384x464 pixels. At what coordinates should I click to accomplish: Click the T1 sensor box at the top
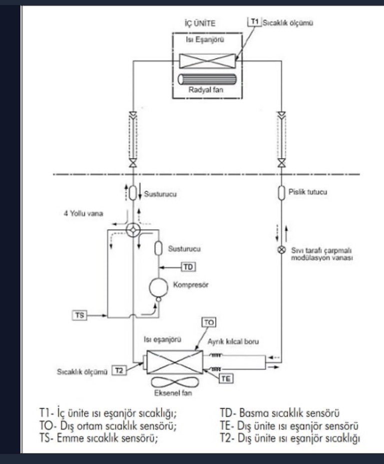click(255, 21)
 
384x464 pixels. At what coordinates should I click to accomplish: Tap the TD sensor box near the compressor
click(188, 267)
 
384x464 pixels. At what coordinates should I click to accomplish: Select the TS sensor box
click(79, 315)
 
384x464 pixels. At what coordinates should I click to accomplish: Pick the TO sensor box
click(209, 322)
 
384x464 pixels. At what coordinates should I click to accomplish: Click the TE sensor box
click(226, 379)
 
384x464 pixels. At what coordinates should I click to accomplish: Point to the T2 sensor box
click(119, 371)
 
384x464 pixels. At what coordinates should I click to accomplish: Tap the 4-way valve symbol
click(133, 230)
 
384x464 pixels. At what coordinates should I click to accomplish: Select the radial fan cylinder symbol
click(207, 80)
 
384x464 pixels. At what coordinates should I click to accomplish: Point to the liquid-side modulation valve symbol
click(281, 250)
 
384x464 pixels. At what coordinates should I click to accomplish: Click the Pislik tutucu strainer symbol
click(281, 193)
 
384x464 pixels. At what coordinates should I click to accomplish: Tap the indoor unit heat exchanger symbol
click(208, 61)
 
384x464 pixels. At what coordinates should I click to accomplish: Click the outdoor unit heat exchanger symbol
click(175, 362)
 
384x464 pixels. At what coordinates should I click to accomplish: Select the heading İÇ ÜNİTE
click(200, 23)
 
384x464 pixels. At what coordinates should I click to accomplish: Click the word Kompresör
click(191, 285)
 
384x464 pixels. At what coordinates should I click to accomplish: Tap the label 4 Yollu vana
click(83, 214)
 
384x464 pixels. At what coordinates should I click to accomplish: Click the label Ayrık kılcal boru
click(233, 341)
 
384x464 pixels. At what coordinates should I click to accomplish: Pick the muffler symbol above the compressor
click(159, 248)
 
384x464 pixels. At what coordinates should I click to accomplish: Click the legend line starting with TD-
click(280, 413)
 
